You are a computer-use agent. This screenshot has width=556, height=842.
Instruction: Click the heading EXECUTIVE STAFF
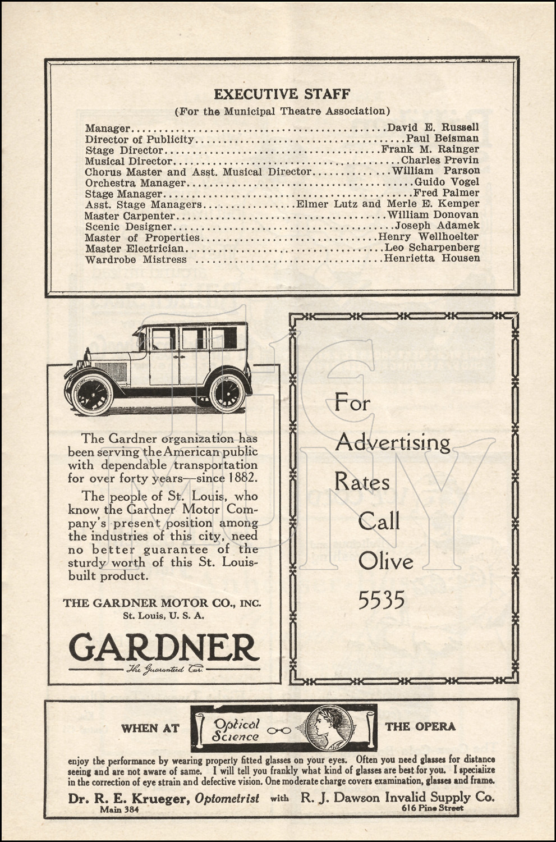click(x=282, y=93)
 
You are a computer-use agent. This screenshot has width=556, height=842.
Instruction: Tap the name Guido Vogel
click(x=447, y=182)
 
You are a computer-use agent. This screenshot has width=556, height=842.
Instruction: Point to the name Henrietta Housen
click(x=431, y=258)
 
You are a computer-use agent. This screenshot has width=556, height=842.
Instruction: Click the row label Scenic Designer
click(x=128, y=226)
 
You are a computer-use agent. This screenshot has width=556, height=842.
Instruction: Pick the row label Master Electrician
click(x=134, y=248)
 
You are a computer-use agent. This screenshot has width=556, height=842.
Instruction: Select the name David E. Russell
click(x=433, y=127)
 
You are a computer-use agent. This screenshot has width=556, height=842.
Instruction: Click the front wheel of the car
click(x=93, y=395)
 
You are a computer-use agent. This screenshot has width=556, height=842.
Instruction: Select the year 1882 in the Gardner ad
click(x=242, y=478)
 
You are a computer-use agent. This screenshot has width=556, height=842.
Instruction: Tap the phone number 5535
click(x=382, y=601)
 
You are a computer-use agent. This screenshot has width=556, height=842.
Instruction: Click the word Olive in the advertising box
click(x=385, y=561)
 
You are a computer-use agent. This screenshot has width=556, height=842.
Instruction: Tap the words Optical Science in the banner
click(x=236, y=730)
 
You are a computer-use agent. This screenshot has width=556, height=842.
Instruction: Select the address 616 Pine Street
click(x=432, y=808)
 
